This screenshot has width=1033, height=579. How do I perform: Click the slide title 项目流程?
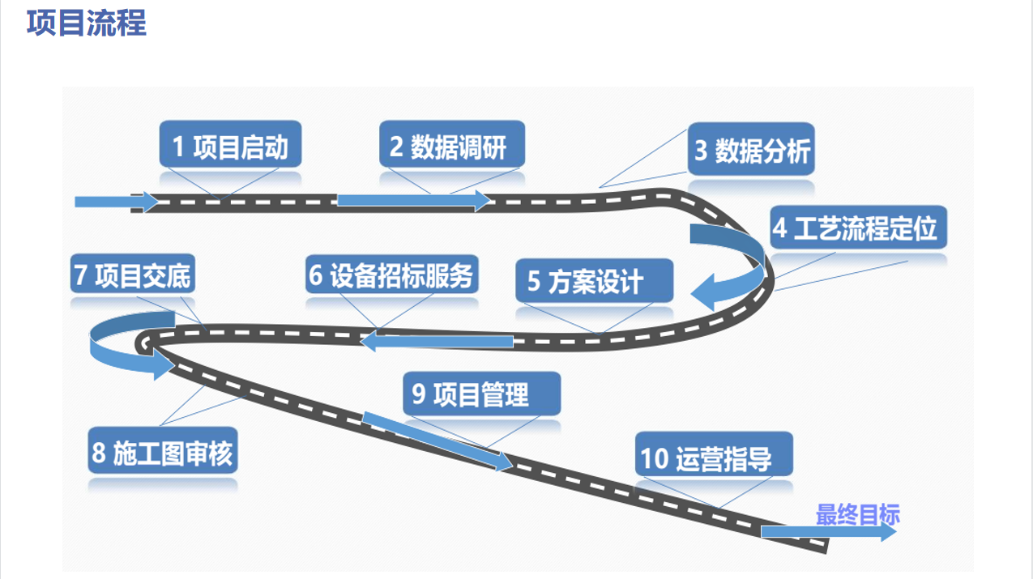point(86,23)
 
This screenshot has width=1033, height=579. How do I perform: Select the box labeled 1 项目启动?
point(230,145)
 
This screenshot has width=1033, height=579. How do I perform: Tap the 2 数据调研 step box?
point(452,145)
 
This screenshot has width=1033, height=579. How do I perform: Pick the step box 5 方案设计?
point(594,281)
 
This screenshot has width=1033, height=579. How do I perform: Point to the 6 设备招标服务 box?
point(391,275)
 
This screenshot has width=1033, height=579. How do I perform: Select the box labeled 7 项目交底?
point(132,275)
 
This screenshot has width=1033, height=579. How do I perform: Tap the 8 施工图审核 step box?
point(162,451)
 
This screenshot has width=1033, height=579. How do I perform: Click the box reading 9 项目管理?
point(481,394)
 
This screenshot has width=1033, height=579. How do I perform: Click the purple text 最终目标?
point(856,515)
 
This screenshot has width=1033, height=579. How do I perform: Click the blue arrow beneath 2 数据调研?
point(413,200)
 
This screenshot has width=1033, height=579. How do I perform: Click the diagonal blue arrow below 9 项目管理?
point(438,440)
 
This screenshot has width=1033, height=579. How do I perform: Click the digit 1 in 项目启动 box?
point(178,147)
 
